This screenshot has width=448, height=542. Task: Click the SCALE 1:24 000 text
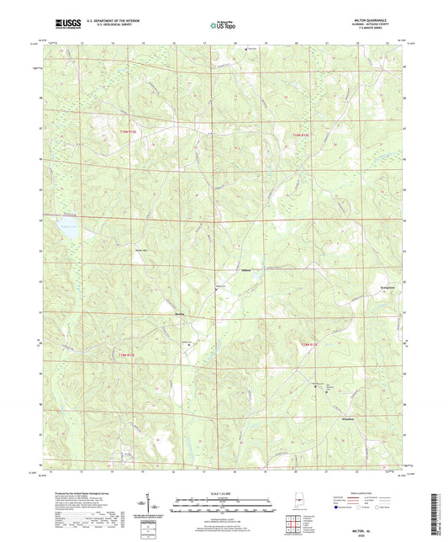223,493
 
